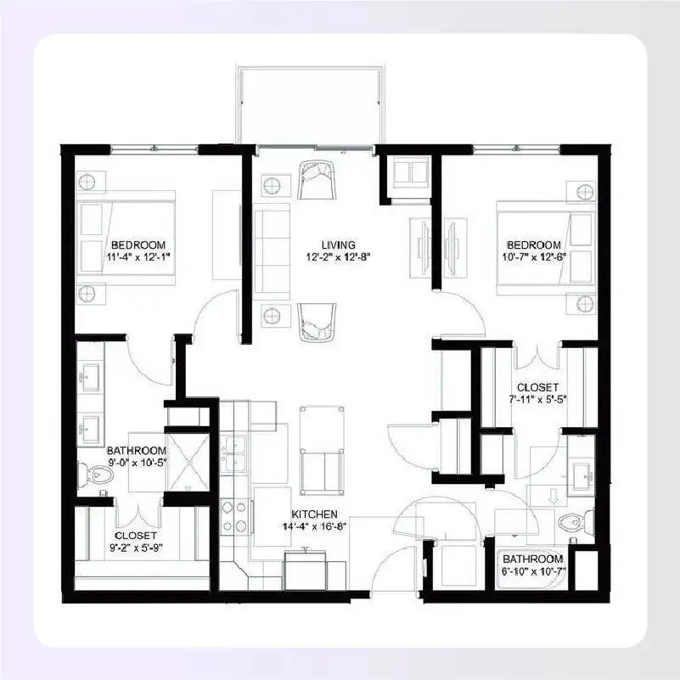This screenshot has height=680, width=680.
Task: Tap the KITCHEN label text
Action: tap(315, 514)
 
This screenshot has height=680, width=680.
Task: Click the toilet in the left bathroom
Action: tap(95, 475)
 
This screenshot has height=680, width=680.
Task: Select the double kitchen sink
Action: tap(233, 454)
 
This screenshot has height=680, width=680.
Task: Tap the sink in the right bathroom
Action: tap(582, 475)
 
